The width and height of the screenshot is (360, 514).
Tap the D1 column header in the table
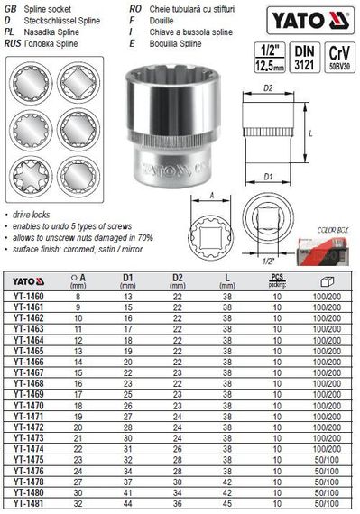(127, 279)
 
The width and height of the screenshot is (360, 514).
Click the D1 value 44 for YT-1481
(127, 506)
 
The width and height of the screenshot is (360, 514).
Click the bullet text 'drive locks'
(32, 217)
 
